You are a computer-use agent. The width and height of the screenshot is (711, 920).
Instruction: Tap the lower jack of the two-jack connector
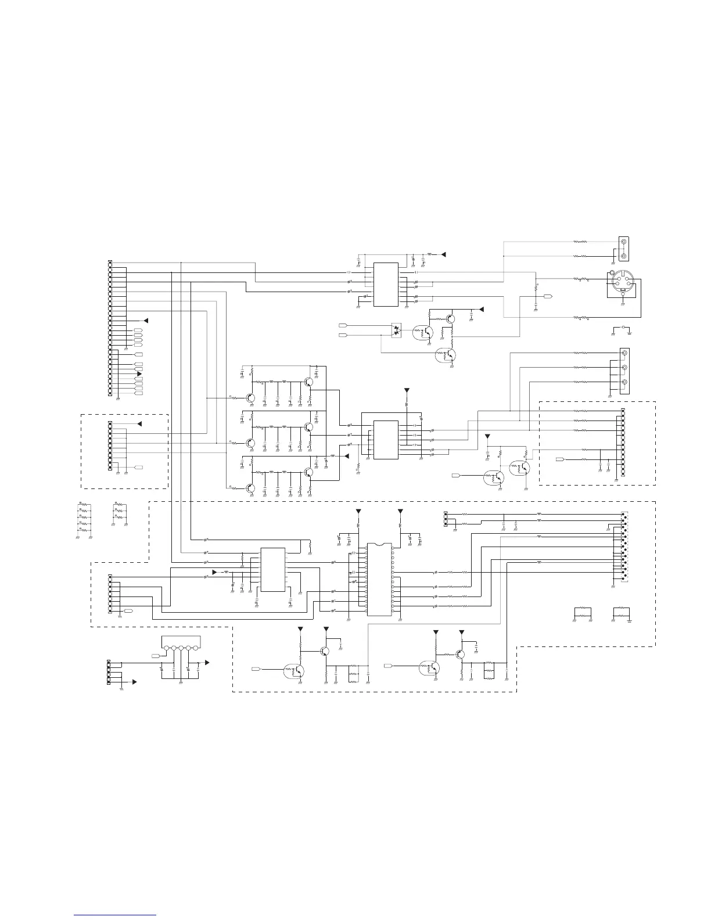[624, 256]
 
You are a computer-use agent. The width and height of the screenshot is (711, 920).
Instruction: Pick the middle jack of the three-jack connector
[624, 368]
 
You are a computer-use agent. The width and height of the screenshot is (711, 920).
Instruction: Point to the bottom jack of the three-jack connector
[624, 382]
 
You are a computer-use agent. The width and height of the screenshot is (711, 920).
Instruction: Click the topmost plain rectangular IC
[385, 285]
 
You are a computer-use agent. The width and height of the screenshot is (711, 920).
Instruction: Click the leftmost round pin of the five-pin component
[167, 648]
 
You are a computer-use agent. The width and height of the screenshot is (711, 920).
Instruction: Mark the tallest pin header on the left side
[110, 328]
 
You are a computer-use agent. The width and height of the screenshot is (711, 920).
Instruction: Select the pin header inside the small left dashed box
[110, 446]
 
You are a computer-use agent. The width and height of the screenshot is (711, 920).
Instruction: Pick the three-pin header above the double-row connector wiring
[446, 519]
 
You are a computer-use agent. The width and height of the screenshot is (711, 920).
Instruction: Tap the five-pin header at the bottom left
[109, 672]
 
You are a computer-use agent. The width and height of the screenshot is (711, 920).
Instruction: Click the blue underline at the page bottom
[116, 915]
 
